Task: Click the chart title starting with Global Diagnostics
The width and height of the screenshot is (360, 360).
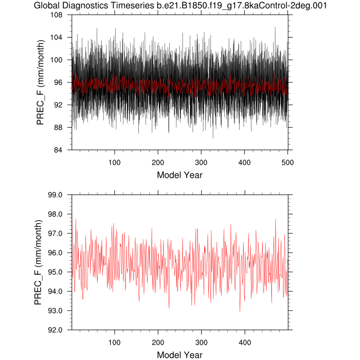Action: coord(180,6)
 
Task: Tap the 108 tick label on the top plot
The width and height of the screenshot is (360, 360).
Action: coord(56,15)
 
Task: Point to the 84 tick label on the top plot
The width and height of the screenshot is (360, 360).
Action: coord(58,150)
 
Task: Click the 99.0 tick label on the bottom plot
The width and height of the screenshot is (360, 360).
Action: coord(55,195)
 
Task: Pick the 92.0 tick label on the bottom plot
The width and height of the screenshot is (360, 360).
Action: coord(55,330)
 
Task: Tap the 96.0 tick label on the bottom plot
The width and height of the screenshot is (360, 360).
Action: coord(55,253)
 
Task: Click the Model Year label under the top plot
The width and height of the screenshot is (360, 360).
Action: coord(179,175)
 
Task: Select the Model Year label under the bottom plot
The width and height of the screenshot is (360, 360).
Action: coord(179,355)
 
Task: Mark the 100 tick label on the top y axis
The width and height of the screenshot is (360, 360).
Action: coord(56,60)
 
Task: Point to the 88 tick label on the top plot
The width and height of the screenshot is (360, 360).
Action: coord(58,127)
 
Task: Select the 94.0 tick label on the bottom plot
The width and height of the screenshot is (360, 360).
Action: coord(55,291)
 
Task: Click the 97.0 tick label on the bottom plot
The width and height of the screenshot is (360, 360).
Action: coord(55,233)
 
